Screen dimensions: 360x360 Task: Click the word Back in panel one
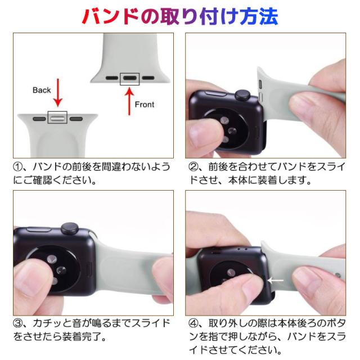[42, 90]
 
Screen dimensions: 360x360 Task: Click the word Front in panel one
[145, 105]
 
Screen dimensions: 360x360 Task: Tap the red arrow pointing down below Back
[58, 92]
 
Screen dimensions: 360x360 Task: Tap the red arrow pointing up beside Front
[129, 101]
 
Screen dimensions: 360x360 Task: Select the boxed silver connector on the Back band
[57, 118]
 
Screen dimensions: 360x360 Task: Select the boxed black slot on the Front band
[130, 78]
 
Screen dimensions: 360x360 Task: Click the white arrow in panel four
[275, 280]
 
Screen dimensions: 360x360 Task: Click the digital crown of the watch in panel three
[70, 229]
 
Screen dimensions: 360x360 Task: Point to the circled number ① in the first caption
[18, 166]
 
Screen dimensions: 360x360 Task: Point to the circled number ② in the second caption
[193, 166]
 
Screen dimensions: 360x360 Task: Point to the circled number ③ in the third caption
[18, 323]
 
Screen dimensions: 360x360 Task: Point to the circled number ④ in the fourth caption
[193, 323]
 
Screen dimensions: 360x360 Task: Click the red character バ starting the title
[92, 16]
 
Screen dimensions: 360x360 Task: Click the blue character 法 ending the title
[269, 16]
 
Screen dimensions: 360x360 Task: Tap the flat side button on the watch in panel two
[214, 93]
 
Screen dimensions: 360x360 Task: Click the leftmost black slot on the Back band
[39, 119]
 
